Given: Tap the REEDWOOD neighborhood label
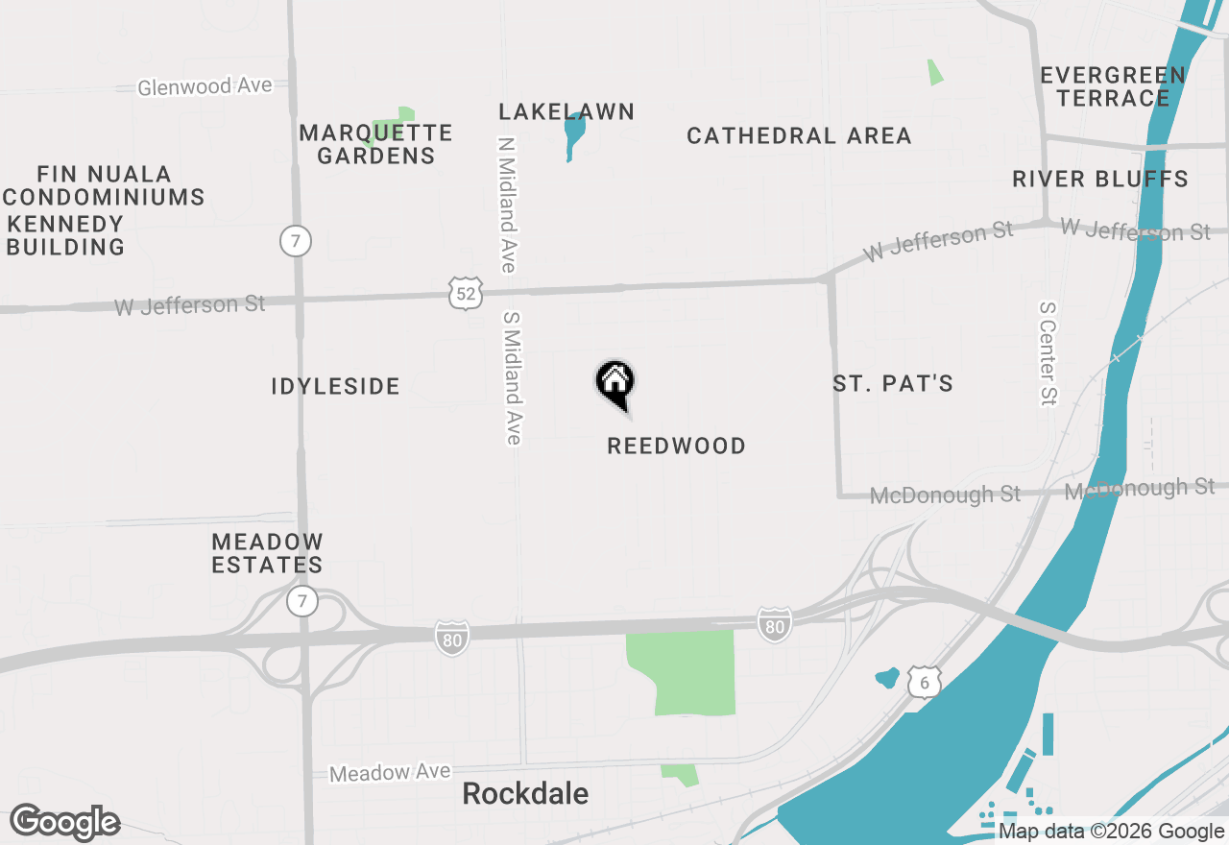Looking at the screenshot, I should tap(676, 447).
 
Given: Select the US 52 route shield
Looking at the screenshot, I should tap(465, 294).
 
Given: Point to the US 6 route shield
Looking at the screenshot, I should tap(924, 683).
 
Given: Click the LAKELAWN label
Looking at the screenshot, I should tap(566, 112).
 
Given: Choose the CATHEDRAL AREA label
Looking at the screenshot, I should tap(799, 136).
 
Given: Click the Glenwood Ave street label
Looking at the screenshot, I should tap(205, 86).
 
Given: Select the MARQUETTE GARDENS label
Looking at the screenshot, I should tap(375, 144).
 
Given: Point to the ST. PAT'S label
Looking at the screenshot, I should tap(893, 384).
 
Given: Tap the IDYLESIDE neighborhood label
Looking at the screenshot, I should tap(335, 387).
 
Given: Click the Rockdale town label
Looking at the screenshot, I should tap(525, 794).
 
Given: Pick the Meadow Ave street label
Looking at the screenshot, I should tap(390, 772).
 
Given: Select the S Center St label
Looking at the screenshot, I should tap(1048, 353).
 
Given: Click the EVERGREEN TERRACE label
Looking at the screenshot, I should tap(1113, 86).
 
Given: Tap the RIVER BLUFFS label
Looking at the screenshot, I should tap(1100, 180).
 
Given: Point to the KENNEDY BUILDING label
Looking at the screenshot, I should tap(65, 236).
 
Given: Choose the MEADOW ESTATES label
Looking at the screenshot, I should tap(267, 554).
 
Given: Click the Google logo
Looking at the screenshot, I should tap(64, 822).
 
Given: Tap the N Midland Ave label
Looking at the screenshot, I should tap(508, 205).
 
